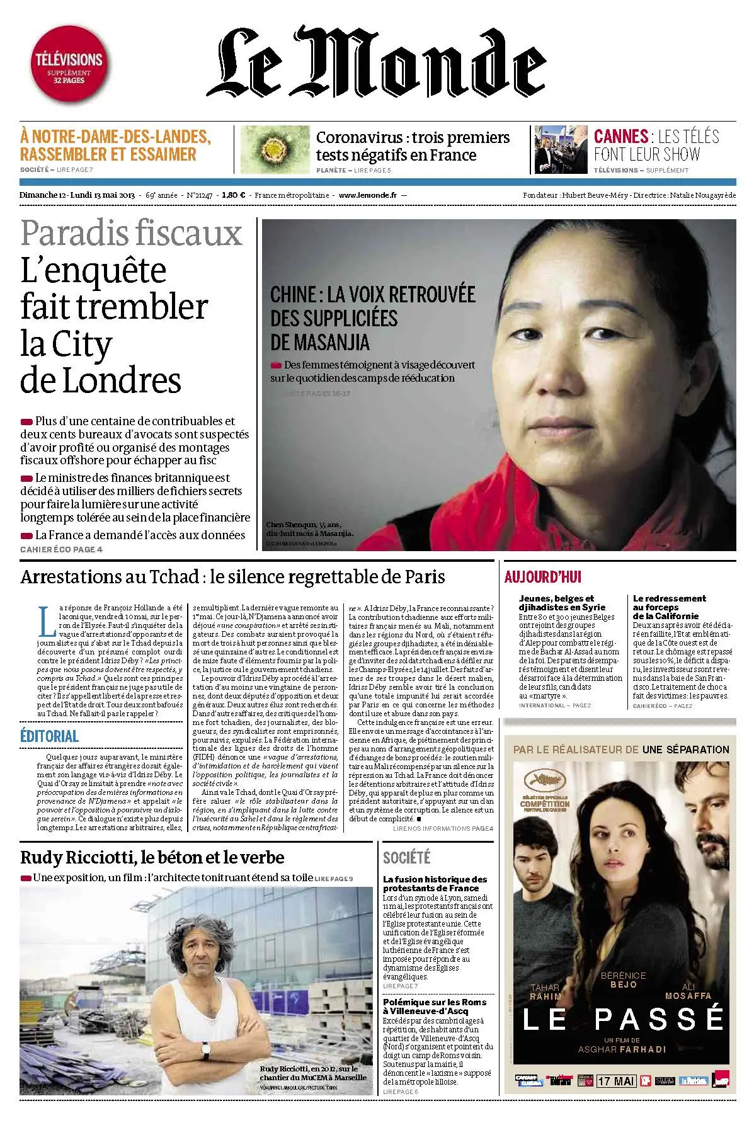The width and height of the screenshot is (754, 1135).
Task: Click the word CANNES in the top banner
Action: click(x=621, y=137)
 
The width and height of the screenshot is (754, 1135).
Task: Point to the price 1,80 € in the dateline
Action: click(x=233, y=195)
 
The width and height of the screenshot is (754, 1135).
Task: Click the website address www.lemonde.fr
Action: click(x=367, y=195)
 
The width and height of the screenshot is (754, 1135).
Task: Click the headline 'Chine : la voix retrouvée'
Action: click(x=372, y=294)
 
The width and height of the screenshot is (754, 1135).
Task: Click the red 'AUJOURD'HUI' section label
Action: click(x=543, y=576)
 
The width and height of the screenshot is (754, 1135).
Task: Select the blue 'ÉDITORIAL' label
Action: click(x=49, y=736)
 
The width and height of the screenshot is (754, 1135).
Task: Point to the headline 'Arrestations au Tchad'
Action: click(x=232, y=576)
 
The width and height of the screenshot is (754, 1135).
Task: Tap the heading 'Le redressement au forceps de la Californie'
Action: click(x=670, y=607)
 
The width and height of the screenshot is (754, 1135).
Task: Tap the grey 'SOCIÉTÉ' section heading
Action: click(x=407, y=858)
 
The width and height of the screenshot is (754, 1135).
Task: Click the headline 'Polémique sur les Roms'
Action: click(x=435, y=1006)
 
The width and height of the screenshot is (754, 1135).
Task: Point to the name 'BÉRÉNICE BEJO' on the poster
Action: click(x=624, y=979)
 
